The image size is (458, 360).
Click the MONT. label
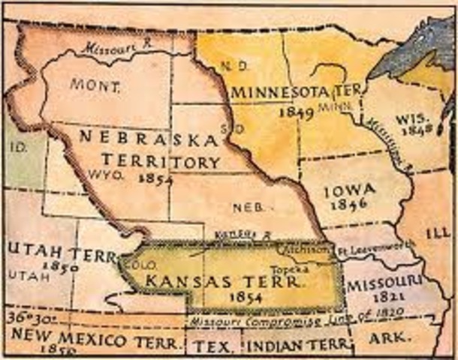(x=95, y=85)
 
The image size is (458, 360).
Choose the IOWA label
(x=350, y=191)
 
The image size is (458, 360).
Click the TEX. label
(x=207, y=346)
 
